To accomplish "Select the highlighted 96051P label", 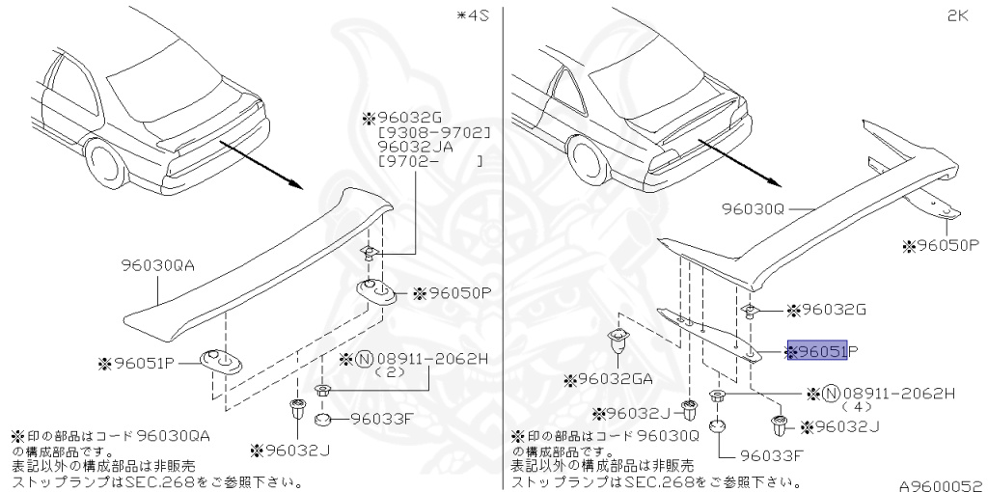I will click(817, 353).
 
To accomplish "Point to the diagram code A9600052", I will click(941, 484).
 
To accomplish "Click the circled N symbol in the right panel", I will click(829, 394).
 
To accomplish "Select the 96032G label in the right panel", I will click(833, 310).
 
